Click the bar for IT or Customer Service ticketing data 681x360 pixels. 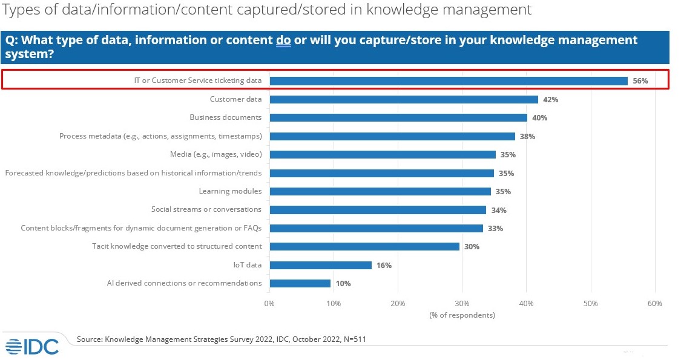pos(448,80)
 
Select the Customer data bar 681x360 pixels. pos(404,99)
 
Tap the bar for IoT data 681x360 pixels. pos(320,265)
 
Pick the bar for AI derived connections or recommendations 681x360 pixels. pos(300,283)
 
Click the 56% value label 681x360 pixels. pos(640,81)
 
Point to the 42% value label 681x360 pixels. pos(550,100)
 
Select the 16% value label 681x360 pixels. pos(384,266)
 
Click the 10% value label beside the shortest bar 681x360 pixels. pos(343,284)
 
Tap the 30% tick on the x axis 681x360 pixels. pos(462,304)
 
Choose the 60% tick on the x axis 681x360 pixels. pos(654,304)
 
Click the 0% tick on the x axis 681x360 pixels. pos(269,304)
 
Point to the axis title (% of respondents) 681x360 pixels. pos(462,315)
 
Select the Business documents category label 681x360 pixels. pos(225,117)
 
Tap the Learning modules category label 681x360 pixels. pos(230,191)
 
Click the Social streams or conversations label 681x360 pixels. pos(206,209)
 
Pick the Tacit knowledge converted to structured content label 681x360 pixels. pos(177,246)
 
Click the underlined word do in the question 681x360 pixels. pos(283,41)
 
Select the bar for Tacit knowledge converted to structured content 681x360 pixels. pos(364,246)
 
